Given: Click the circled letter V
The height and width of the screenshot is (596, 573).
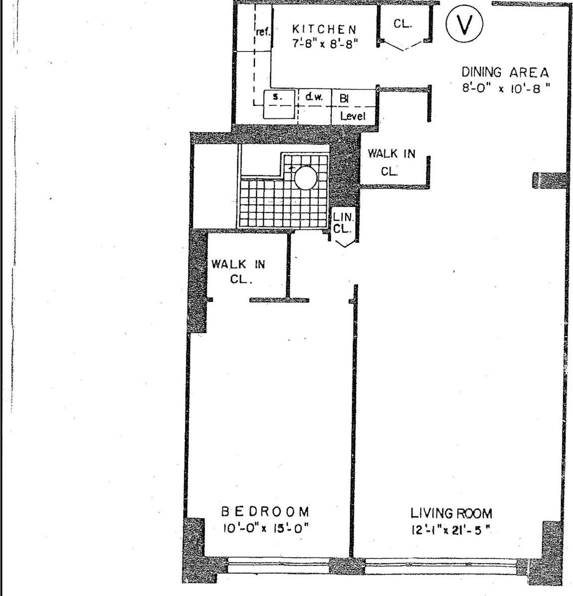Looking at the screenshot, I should click(x=464, y=25).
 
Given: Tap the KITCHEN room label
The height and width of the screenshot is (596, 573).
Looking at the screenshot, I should click(x=324, y=29).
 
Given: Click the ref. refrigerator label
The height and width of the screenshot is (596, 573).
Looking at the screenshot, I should click(x=263, y=32).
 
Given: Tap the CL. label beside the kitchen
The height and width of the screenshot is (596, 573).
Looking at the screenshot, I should click(x=403, y=24).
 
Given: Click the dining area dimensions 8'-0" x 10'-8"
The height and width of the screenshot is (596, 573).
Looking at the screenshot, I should click(x=505, y=87).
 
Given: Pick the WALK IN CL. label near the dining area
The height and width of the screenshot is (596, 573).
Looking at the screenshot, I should click(x=391, y=162).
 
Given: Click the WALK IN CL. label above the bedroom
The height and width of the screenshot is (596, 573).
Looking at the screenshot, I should click(x=238, y=271).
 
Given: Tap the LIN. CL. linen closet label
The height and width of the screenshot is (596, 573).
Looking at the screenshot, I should click(x=344, y=223).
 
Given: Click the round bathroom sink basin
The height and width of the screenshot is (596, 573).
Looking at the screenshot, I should click(x=305, y=177).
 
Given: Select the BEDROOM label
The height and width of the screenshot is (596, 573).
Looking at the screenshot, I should click(x=265, y=512).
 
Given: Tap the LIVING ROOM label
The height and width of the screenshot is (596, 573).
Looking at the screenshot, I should click(x=451, y=513).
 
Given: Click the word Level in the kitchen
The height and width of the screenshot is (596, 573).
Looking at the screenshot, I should click(x=353, y=116).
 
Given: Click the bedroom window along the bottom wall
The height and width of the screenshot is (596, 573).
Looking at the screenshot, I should click(x=278, y=565).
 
